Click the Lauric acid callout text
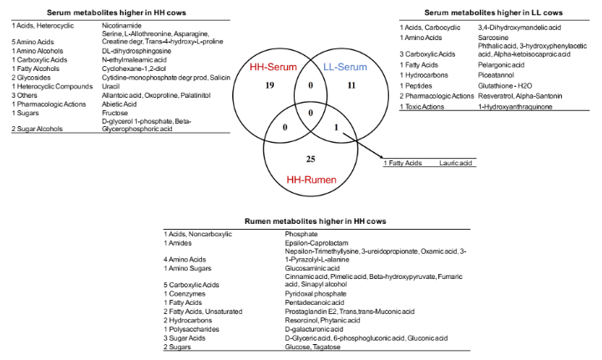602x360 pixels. pos(458,163)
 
